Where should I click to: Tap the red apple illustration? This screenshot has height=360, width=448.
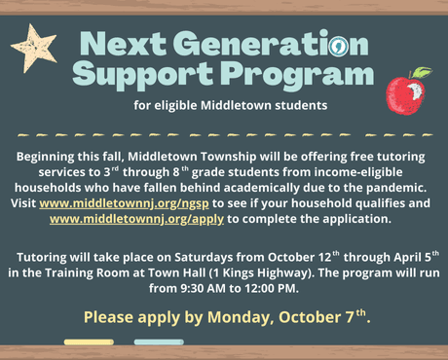pyautogui.click(x=405, y=93)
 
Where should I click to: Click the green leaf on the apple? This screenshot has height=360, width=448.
pyautogui.click(x=420, y=72)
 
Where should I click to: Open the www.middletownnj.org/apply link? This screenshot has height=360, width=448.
pyautogui.click(x=136, y=220)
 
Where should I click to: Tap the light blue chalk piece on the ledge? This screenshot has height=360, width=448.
pyautogui.click(x=158, y=342)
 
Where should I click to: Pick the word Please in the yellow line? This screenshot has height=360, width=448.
pyautogui.click(x=110, y=317)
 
